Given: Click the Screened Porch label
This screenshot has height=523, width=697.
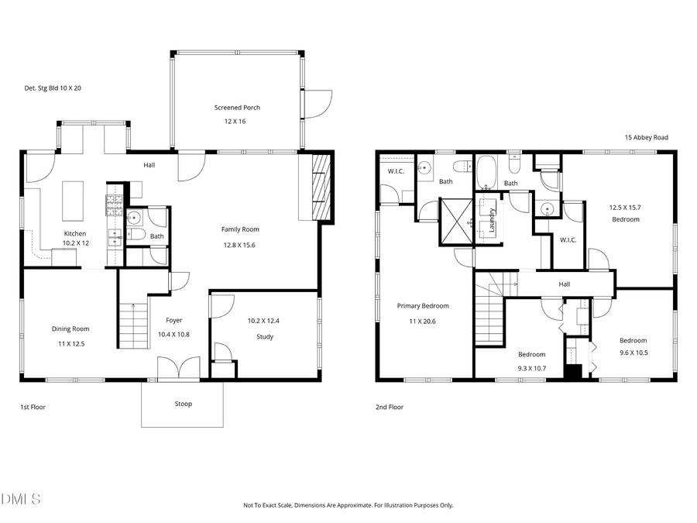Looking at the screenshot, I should (x=237, y=108).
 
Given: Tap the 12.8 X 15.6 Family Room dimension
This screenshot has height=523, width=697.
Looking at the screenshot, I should (x=239, y=245).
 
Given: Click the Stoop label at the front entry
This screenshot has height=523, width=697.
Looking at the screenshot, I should (x=183, y=404).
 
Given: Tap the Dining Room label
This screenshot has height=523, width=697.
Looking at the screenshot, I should (x=70, y=329).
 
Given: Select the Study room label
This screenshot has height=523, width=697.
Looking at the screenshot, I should (x=265, y=337).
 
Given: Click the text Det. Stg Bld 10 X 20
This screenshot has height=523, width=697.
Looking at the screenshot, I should (x=53, y=88).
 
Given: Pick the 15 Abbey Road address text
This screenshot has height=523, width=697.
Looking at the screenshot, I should (x=646, y=137).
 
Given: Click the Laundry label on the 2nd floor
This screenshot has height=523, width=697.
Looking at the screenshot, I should (x=491, y=220).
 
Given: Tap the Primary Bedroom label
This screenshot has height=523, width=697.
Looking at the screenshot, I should (x=423, y=305).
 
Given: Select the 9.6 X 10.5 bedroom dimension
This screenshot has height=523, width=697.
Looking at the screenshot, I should (x=633, y=353).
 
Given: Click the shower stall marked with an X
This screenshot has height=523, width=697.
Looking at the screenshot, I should (x=455, y=221).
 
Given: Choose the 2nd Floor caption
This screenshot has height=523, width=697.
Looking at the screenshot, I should (x=390, y=407).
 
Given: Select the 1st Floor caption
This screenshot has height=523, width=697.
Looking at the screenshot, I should (x=33, y=407).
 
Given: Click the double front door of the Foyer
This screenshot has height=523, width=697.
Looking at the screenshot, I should (x=178, y=369).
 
